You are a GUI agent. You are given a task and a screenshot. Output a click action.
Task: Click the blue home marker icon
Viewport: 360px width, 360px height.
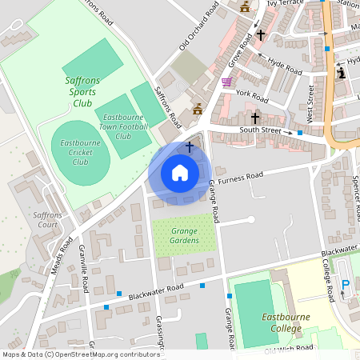coord(180,173)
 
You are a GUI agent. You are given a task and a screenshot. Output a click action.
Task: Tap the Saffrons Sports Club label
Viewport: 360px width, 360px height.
coord(82,92)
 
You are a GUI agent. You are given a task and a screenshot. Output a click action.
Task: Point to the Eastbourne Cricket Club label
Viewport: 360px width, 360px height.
coord(80,152)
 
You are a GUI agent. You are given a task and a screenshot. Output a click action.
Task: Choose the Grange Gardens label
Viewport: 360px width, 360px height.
coord(184,236)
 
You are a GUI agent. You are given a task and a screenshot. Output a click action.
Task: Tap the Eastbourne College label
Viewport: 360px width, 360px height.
coord(286,322)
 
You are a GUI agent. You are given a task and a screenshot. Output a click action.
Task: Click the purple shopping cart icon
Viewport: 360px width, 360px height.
coord(227,82)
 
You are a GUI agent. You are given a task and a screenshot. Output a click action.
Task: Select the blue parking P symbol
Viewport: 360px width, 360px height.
coord(346,285)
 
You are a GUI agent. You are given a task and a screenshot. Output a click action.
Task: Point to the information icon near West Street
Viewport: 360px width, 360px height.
coord(342,73)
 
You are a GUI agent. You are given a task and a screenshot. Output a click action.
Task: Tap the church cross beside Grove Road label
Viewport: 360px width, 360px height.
coord(261,35)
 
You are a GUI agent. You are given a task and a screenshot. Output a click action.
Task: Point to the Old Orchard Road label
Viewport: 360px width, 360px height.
coord(198,28)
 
